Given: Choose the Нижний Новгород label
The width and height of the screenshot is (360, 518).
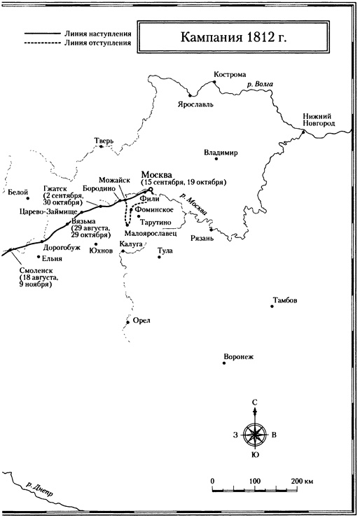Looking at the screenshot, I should (319, 119).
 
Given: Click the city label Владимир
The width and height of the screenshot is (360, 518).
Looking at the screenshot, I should (221, 152).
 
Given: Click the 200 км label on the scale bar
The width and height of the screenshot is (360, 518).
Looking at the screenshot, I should (303, 482).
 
